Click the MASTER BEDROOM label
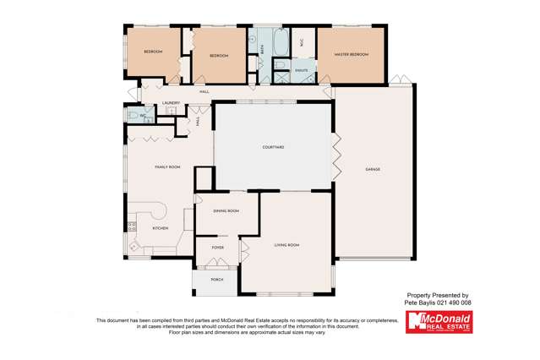[x=350, y=55]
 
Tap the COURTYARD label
[x=273, y=147]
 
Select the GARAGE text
[x=373, y=170]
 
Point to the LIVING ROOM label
[x=287, y=245]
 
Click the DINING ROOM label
[x=226, y=210]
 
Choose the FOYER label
[x=217, y=248]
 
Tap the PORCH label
[x=217, y=278]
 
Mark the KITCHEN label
[x=160, y=228]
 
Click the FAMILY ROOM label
[x=167, y=167]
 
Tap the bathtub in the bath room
[x=282, y=40]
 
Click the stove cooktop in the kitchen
[x=132, y=226]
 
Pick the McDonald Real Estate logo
[x=439, y=322]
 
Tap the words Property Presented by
[x=438, y=295]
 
